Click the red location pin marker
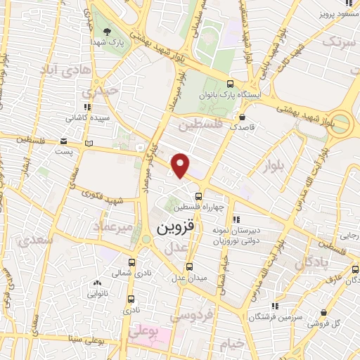pos(181,165)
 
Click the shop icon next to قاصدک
pos(243,117)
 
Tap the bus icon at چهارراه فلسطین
pos(199,195)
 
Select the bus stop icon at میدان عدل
pos(190,266)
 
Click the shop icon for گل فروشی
pos(323,313)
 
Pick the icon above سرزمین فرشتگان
pos(275,305)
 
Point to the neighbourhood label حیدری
pos(96,92)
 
